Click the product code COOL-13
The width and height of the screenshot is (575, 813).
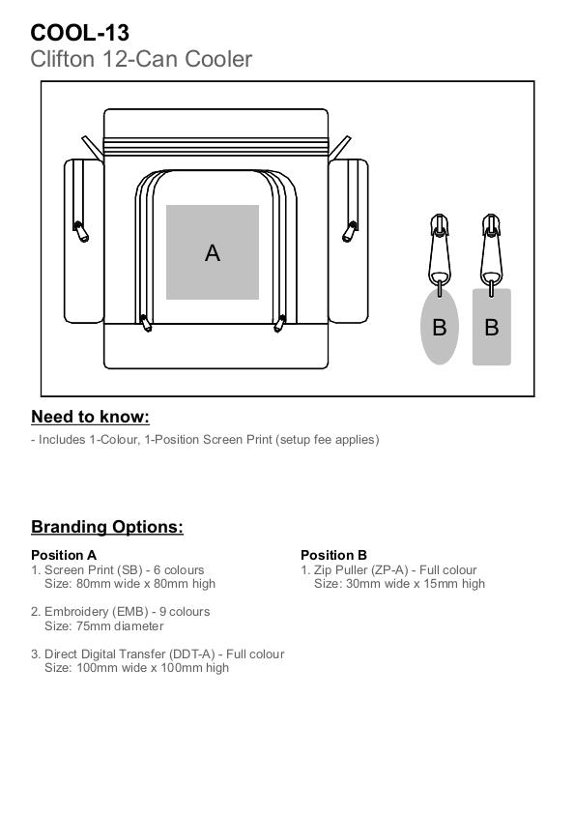click(80, 33)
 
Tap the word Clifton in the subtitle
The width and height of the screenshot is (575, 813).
click(63, 59)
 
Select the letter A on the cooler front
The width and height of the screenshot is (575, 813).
click(213, 253)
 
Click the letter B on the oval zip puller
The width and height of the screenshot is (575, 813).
click(440, 327)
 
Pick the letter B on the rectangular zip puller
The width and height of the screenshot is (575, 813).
click(492, 327)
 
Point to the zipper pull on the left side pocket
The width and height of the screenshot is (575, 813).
click(80, 232)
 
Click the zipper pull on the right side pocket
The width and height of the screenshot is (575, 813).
click(350, 232)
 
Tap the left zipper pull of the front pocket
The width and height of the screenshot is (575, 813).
click(146, 323)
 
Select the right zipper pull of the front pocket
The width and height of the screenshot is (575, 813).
click(280, 323)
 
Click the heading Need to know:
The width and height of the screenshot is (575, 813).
click(90, 417)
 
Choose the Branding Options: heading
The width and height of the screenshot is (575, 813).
click(107, 527)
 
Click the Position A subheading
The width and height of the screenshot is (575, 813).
click(64, 555)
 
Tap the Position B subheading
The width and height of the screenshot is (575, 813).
click(334, 555)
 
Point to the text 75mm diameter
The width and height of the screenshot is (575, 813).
click(120, 626)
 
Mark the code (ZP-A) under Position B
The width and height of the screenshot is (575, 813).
click(389, 570)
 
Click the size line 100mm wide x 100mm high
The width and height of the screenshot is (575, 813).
click(153, 668)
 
